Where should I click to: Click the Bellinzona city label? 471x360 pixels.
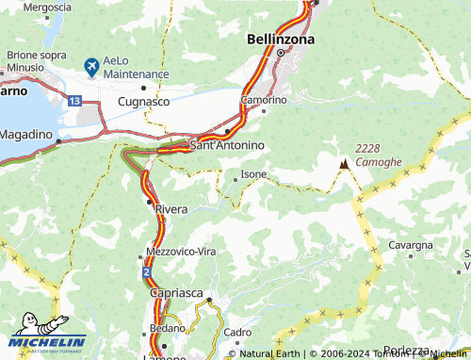pos(280,40)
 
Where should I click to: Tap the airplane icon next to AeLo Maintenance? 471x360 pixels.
pos(91,66)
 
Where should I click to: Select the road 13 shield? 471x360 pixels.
pos(74,99)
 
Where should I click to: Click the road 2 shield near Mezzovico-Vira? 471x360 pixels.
pos(148,271)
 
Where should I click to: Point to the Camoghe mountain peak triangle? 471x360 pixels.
pos(344,164)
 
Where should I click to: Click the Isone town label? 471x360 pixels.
pos(254,174)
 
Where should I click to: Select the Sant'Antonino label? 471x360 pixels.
pos(227,145)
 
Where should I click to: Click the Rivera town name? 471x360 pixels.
pos(171,208)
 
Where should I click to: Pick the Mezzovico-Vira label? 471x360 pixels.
pos(181,252)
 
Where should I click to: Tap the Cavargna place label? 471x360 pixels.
pos(411,245)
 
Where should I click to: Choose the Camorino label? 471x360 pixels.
pos(264,99)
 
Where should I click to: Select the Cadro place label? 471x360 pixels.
pos(238,333)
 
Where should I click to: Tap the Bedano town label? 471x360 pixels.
pos(168,327)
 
